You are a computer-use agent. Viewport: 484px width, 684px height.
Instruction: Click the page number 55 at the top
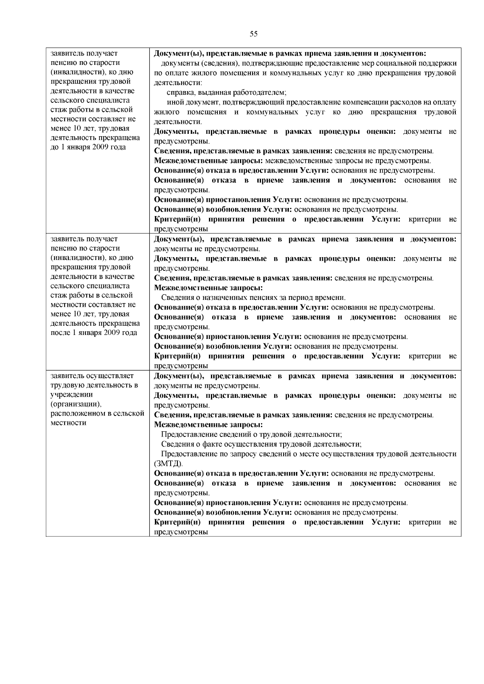pos(253,34)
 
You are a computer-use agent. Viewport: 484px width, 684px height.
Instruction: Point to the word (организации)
pos(76,404)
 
